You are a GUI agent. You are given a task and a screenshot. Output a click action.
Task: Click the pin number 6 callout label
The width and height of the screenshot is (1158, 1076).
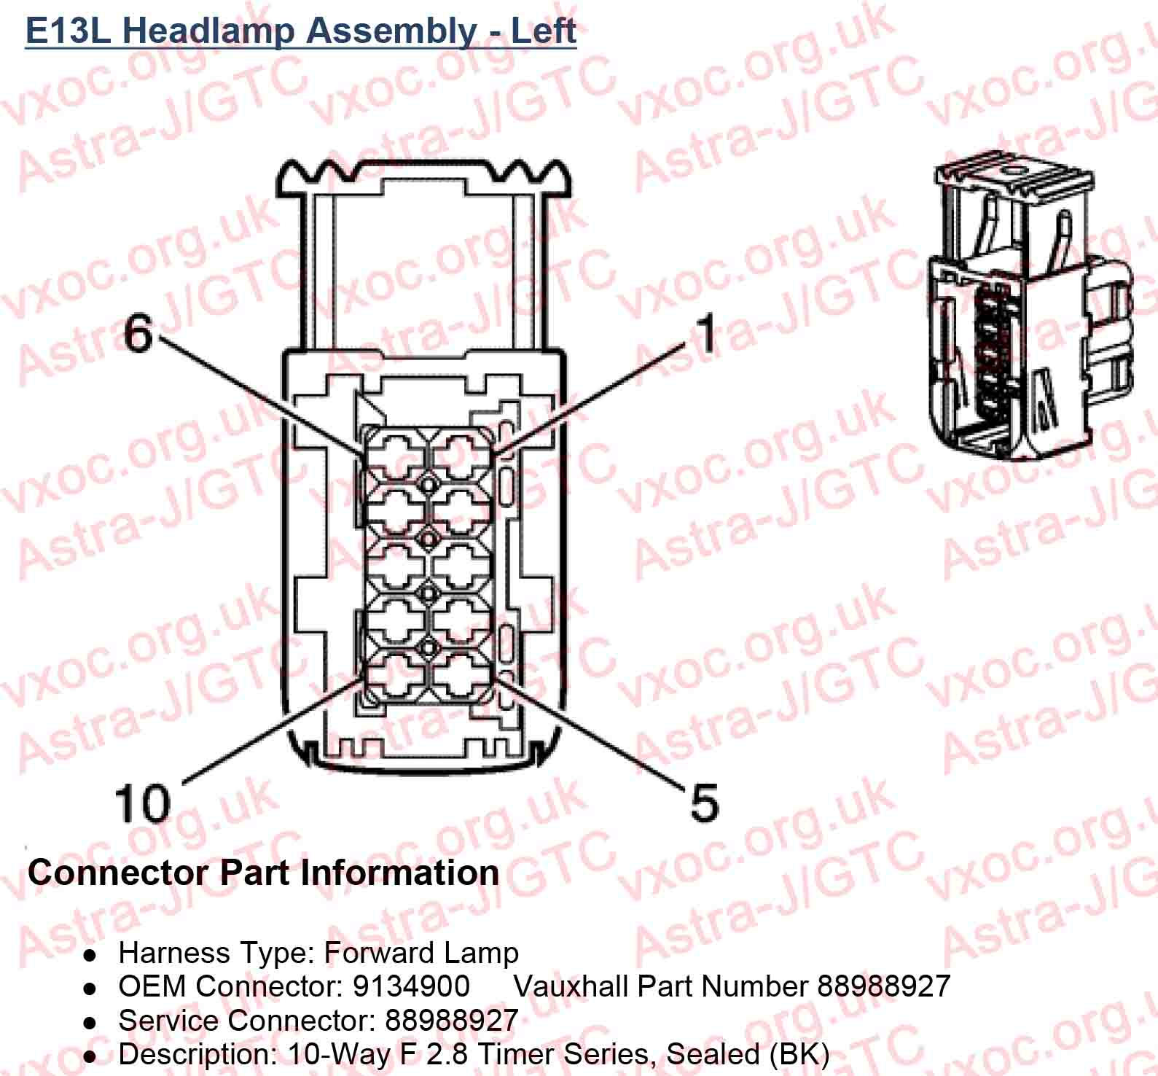(138, 334)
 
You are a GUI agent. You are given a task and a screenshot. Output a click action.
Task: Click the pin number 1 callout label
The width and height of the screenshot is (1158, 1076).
(705, 334)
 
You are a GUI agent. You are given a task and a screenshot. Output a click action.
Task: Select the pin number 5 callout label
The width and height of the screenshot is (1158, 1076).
(703, 803)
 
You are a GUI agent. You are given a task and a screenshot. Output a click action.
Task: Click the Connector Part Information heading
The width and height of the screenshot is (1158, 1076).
(263, 873)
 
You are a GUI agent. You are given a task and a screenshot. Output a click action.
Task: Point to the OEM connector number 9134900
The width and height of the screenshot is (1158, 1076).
(411, 986)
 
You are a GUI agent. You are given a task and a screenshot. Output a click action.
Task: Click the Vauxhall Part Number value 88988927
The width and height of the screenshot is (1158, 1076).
(883, 986)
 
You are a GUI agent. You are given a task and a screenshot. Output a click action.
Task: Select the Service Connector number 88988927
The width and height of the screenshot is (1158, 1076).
(451, 1020)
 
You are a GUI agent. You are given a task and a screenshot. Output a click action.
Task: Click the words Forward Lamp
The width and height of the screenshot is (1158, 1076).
(421, 953)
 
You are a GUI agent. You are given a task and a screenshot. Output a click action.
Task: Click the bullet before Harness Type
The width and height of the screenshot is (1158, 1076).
(90, 954)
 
